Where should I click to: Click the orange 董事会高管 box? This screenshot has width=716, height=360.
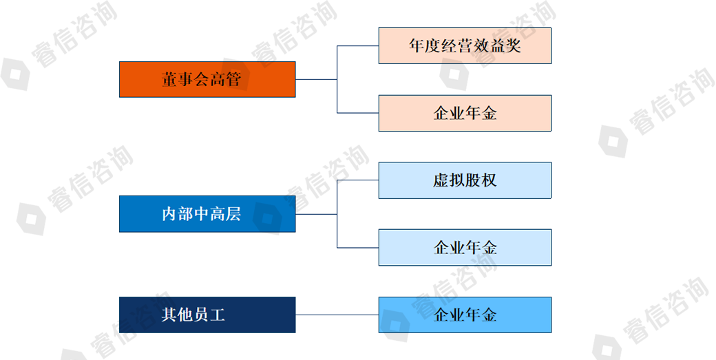(207, 79)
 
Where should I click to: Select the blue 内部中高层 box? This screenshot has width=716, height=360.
(207, 214)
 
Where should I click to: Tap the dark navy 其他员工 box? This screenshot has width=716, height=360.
(207, 315)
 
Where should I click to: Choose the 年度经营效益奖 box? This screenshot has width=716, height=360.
(465, 45)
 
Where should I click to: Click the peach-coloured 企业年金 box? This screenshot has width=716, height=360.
(465, 113)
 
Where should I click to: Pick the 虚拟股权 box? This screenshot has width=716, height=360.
(465, 180)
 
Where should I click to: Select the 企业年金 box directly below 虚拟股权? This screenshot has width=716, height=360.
(465, 247)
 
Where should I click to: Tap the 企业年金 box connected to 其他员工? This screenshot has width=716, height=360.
(465, 315)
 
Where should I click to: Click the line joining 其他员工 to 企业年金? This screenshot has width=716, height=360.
(337, 315)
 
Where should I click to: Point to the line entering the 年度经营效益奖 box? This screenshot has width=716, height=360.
(358, 45)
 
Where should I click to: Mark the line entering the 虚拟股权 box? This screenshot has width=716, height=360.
(358, 180)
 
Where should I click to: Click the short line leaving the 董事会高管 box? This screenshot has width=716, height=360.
(316, 79)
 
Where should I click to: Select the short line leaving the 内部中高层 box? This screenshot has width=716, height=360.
(316, 214)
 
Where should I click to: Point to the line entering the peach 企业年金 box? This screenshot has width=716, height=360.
(358, 113)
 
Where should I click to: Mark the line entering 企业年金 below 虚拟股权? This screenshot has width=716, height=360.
(358, 247)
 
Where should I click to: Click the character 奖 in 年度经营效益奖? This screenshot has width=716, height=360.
(513, 46)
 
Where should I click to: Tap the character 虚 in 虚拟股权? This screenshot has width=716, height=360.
(441, 180)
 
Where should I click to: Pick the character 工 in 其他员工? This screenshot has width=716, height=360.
(217, 315)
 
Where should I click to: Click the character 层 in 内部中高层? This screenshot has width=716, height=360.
(233, 214)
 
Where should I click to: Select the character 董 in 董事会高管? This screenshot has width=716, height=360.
(169, 79)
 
